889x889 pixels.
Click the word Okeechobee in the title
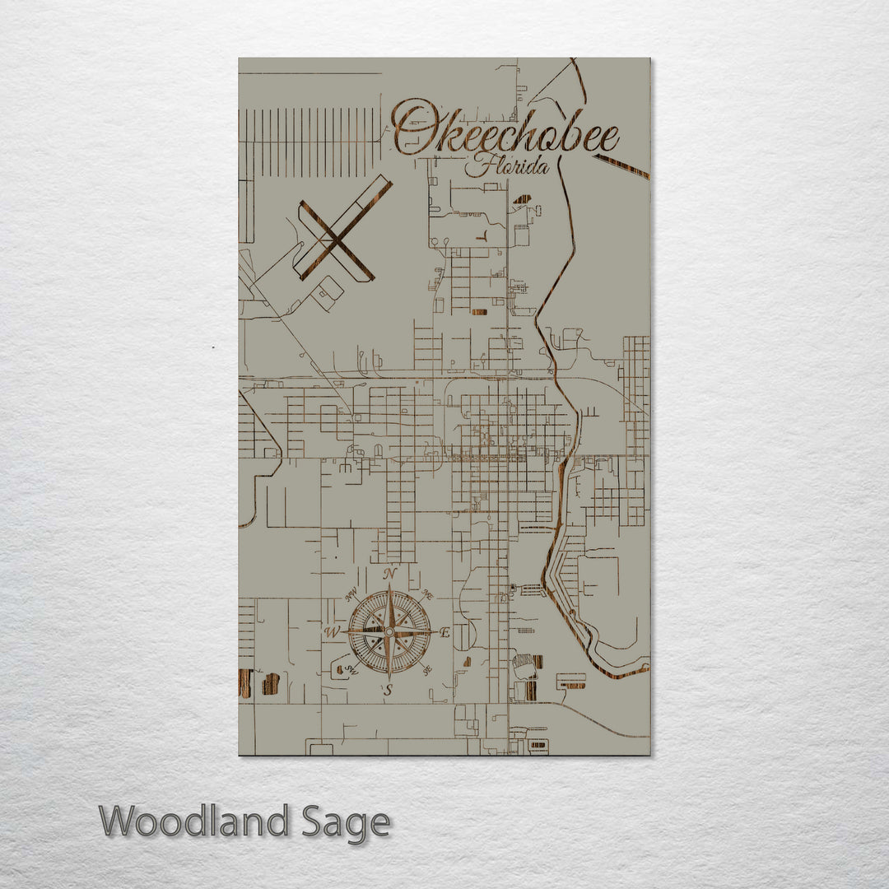point(504,132)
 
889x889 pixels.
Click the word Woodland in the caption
point(194,822)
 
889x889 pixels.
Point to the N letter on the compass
point(391,574)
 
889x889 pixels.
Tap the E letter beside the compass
point(445,633)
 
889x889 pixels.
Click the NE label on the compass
point(428,593)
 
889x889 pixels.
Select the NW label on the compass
point(351,593)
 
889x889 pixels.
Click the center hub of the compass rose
point(389,632)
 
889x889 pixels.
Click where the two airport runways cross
point(336,240)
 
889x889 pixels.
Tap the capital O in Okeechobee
point(412,128)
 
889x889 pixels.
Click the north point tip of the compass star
point(389,585)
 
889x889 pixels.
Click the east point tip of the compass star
point(435,632)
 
